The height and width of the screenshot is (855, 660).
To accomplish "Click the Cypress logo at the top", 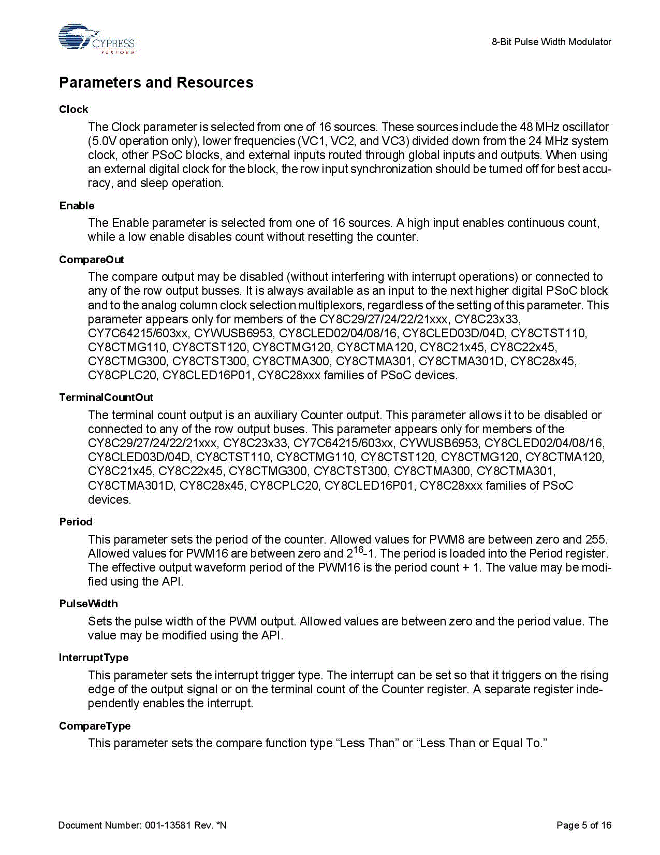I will [x=97, y=39].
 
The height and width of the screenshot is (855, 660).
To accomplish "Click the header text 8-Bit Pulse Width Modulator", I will [x=551, y=42].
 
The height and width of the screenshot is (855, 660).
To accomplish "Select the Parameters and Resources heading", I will [x=156, y=82].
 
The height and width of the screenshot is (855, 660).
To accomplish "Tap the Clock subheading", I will [x=74, y=109].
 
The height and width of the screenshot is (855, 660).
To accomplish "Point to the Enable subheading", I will [x=77, y=206].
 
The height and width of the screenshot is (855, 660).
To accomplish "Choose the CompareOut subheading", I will [x=91, y=260].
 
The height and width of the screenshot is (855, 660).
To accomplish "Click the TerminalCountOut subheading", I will [x=106, y=397].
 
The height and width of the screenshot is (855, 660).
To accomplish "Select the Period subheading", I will [x=76, y=522].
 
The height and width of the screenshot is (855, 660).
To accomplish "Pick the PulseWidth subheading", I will [x=89, y=604].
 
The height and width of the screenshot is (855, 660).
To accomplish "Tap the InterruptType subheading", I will [x=94, y=658].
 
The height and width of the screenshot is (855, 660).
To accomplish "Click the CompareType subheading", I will [x=95, y=726].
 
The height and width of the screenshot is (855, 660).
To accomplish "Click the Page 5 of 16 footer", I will [x=583, y=825].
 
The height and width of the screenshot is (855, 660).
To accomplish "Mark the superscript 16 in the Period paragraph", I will [x=359, y=550].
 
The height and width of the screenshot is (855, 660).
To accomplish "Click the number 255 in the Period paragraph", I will [x=596, y=539].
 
